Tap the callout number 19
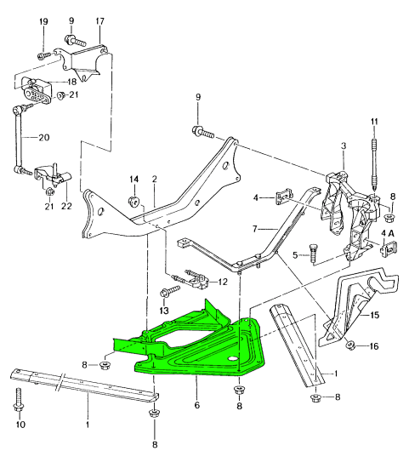point(43,21)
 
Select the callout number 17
point(100,21)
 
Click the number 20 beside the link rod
point(44,138)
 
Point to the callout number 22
point(67,206)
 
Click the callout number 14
point(134,179)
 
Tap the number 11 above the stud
point(374,122)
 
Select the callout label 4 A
point(388,233)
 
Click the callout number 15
point(375,315)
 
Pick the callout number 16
point(373,346)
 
